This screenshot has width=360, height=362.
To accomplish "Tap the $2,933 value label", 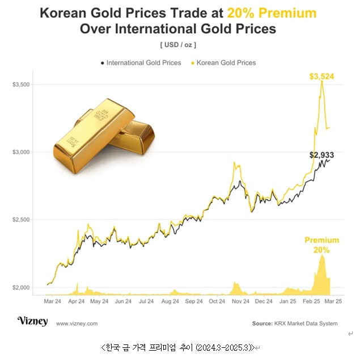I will pos(322,154).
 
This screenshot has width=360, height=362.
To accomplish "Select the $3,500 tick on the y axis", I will pos(21,85).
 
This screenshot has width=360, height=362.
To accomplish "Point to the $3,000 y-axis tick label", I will pos(21,152).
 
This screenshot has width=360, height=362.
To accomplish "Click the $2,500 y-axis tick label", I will pos(21,220).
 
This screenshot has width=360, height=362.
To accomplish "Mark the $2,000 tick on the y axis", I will pos(21,288).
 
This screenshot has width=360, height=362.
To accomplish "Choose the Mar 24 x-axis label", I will pos(53,302).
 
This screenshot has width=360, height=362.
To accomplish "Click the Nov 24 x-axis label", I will pos(240,302).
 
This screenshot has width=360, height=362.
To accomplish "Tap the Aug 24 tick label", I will pos(170,302).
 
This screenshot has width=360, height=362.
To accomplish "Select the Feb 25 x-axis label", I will pos(311,302).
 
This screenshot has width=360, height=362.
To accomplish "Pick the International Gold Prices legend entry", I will pos(141,63).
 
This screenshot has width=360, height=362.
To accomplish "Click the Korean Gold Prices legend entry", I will pos(226,63).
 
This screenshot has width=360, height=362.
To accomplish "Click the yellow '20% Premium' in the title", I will pos(272,13).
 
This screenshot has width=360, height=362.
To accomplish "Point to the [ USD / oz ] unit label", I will pos(179,44).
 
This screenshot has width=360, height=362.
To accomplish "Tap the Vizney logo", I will pos(32,321).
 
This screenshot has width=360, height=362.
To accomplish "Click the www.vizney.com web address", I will pos(77,323).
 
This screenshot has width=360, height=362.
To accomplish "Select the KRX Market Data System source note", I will pos(294,323).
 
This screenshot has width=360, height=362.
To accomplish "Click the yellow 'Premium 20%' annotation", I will pos(321,245).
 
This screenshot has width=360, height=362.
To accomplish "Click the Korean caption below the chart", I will pos(179,347).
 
